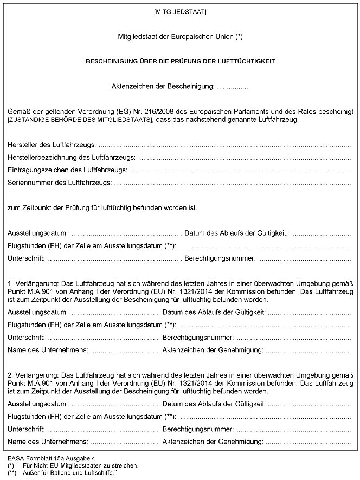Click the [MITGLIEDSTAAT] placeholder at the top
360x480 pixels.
(179, 11)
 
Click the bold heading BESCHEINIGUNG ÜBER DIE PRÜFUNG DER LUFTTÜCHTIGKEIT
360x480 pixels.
(180, 61)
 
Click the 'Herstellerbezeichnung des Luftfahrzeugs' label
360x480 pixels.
(72, 158)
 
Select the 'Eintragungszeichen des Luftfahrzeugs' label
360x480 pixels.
(67, 170)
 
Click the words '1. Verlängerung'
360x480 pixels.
(33, 283)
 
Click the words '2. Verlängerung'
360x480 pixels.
(33, 374)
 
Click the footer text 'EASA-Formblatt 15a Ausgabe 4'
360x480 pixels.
(52, 458)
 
